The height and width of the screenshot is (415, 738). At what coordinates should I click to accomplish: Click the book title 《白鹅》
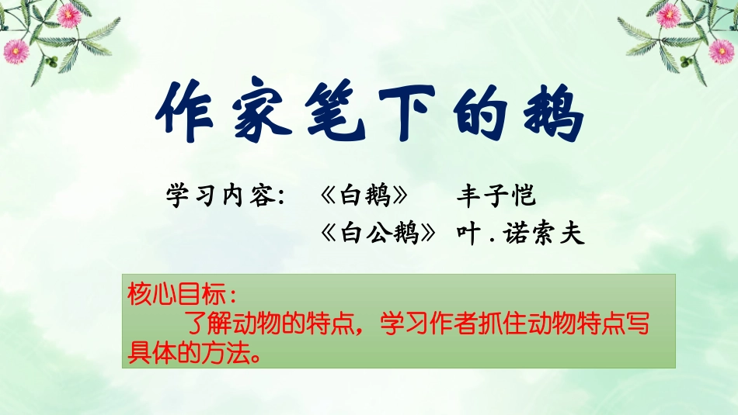tap(364, 195)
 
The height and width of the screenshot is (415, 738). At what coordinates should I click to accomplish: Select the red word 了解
tap(203, 323)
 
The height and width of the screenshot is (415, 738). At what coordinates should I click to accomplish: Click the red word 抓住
tap(500, 323)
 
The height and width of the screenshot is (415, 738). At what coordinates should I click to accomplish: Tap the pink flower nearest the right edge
tap(722, 51)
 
